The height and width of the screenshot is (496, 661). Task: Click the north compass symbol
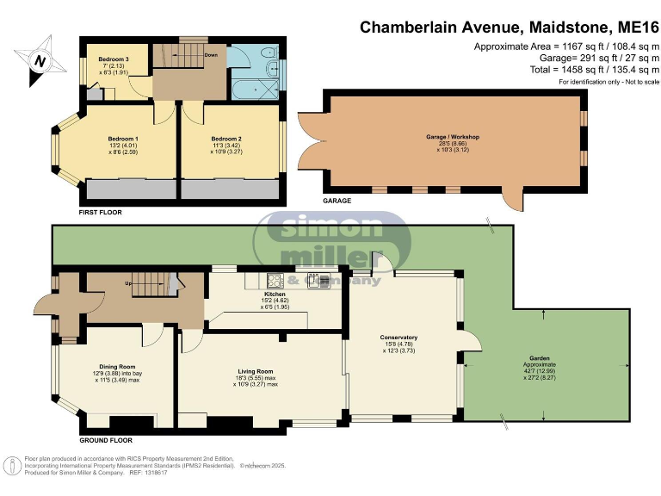[x=40, y=60]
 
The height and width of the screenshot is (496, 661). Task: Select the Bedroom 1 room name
[x=124, y=139]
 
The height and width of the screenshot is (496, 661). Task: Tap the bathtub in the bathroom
[x=254, y=88]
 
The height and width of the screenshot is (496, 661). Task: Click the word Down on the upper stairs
[x=210, y=55]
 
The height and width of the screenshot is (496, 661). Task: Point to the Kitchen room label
[x=274, y=294]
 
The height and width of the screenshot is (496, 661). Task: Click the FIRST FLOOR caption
[x=100, y=211]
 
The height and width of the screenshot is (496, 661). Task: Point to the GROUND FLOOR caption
[x=105, y=439]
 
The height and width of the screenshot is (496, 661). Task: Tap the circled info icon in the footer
[x=12, y=465]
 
